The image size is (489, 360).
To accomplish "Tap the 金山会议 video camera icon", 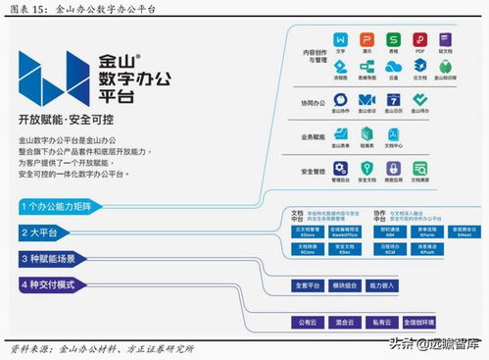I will (367, 100).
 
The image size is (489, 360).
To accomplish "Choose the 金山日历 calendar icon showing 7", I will (393, 100).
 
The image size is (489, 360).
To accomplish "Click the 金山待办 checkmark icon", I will (419, 100).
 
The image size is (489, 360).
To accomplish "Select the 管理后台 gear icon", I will (341, 169).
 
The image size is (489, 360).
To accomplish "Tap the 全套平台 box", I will (307, 285).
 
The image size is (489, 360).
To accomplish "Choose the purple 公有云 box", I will (307, 321).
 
